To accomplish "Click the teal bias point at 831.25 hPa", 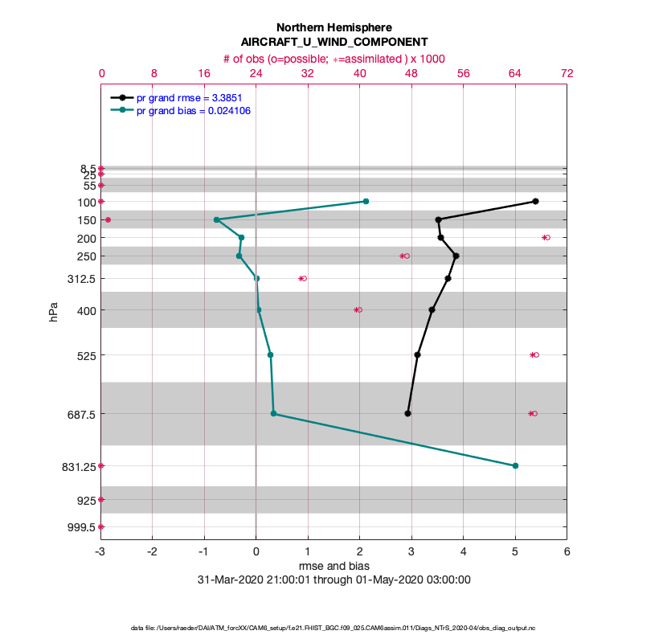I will tap(515, 465).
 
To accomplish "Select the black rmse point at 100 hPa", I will tap(535, 201).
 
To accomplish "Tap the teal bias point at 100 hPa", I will tap(366, 201).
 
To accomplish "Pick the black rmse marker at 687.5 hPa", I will tap(408, 413).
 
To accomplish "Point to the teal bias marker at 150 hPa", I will tap(216, 219).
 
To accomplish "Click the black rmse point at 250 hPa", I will tap(456, 256).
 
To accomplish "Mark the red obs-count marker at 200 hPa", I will tap(546, 237).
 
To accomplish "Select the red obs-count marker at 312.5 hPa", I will tap(302, 278).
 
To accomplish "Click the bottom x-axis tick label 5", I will tap(515, 552).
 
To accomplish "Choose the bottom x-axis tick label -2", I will tap(153, 552).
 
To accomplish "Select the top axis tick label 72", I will tap(567, 72).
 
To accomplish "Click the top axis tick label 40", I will tap(359, 72).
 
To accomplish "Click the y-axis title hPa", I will tap(54, 312).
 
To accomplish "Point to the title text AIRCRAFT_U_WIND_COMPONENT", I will tap(333, 42).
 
